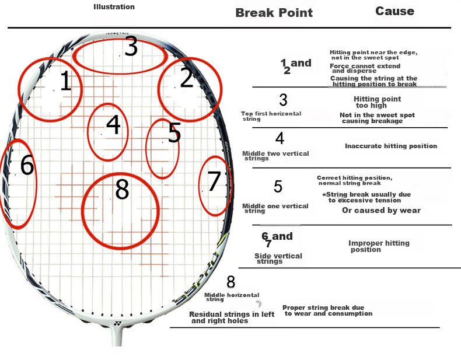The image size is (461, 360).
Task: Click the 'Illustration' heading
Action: point(114,7)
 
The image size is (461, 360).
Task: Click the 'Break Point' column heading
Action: point(274,13)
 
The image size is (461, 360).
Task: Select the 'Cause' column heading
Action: point(395,11)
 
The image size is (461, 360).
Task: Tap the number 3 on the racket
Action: point(131,46)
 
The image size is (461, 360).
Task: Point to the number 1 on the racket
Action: point(66,81)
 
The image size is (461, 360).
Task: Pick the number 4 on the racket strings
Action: point(113,124)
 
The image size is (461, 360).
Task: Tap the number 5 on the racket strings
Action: point(174,132)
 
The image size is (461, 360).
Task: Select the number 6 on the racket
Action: point(27,165)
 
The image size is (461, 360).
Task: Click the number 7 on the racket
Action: point(214,181)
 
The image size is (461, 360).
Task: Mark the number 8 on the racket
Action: point(122,189)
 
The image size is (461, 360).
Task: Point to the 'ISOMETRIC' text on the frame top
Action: point(117,34)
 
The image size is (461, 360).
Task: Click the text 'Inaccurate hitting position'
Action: point(391,146)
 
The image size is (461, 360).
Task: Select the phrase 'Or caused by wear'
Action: point(381,211)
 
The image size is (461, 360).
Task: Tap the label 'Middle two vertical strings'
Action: point(275,156)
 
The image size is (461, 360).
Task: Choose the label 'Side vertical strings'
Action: point(278,258)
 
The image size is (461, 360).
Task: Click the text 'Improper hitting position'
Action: point(379,246)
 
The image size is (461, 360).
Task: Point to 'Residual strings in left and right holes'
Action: point(232,317)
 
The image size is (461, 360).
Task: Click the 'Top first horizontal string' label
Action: point(271,116)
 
